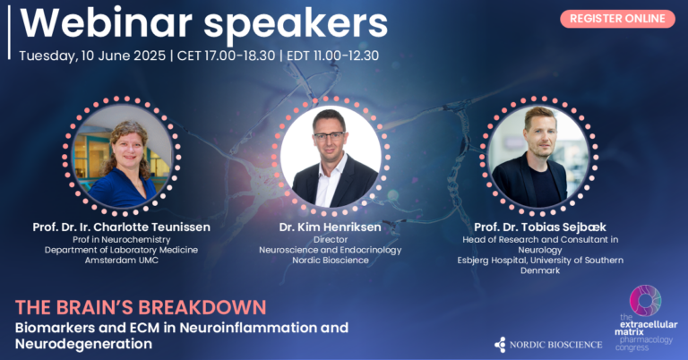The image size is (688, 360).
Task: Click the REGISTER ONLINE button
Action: (617, 18)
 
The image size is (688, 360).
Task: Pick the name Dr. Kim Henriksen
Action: (331, 227)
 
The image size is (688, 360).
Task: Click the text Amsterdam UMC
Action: (125, 261)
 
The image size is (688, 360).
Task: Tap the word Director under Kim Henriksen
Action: (331, 239)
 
